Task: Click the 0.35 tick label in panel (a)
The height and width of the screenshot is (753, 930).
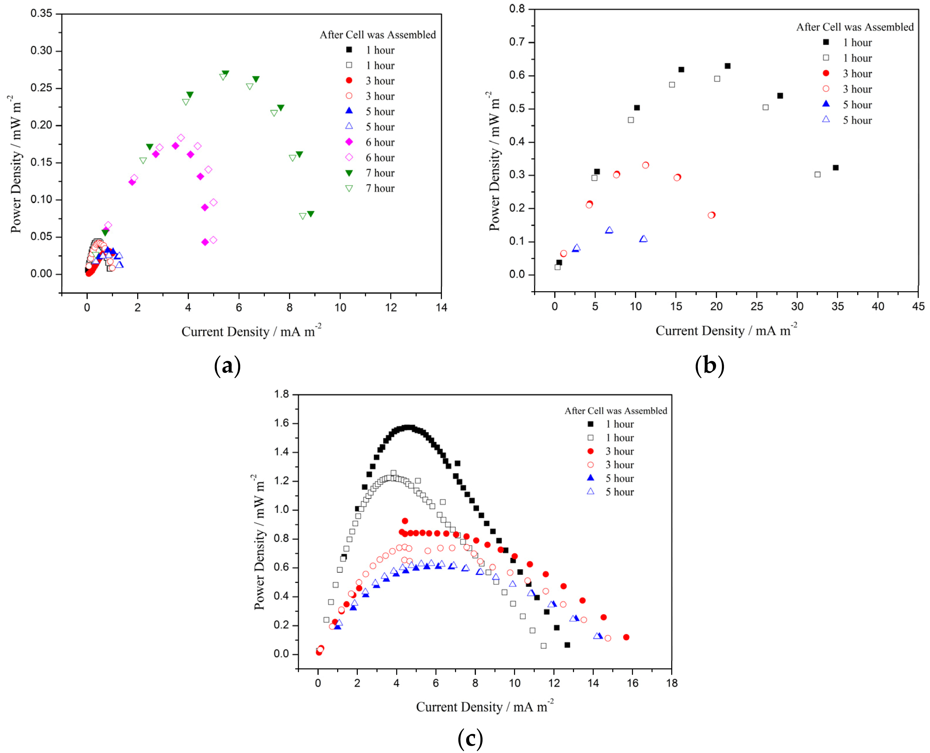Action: coord(41,13)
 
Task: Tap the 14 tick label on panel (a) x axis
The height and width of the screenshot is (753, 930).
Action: coord(441,308)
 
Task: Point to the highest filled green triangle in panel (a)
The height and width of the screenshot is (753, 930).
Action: coord(226,73)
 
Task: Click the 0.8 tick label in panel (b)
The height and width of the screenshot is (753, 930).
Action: coord(517,9)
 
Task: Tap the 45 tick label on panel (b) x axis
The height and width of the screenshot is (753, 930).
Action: coord(918,306)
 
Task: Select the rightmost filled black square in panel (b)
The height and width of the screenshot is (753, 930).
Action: coord(835,167)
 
